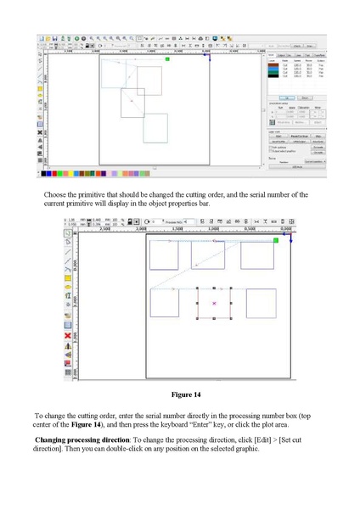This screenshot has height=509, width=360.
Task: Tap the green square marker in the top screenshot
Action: tap(168, 59)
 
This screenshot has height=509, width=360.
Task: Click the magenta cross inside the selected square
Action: tap(214, 303)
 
